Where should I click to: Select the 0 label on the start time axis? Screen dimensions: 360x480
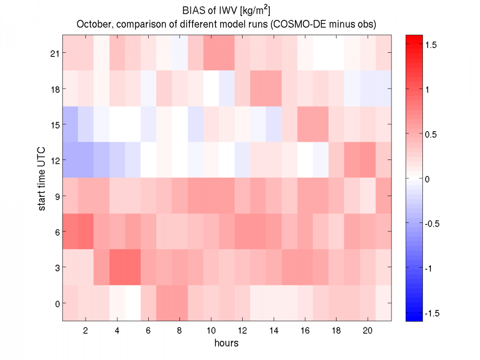click(x=57, y=303)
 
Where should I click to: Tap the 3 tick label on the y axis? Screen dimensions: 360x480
click(x=57, y=267)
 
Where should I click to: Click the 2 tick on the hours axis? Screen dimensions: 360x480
click(x=85, y=330)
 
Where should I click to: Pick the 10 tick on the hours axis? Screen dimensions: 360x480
click(x=211, y=330)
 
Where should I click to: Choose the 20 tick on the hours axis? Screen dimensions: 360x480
click(x=367, y=330)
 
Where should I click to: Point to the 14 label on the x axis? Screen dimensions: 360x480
click(x=273, y=330)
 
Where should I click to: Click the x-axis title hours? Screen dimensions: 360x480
click(x=227, y=342)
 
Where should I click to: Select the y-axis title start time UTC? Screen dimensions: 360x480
click(x=42, y=178)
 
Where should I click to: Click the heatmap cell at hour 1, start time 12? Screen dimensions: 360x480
click(x=70, y=160)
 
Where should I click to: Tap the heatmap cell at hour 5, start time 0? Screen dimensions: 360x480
click(x=133, y=303)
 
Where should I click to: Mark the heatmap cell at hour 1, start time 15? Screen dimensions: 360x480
click(x=70, y=124)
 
